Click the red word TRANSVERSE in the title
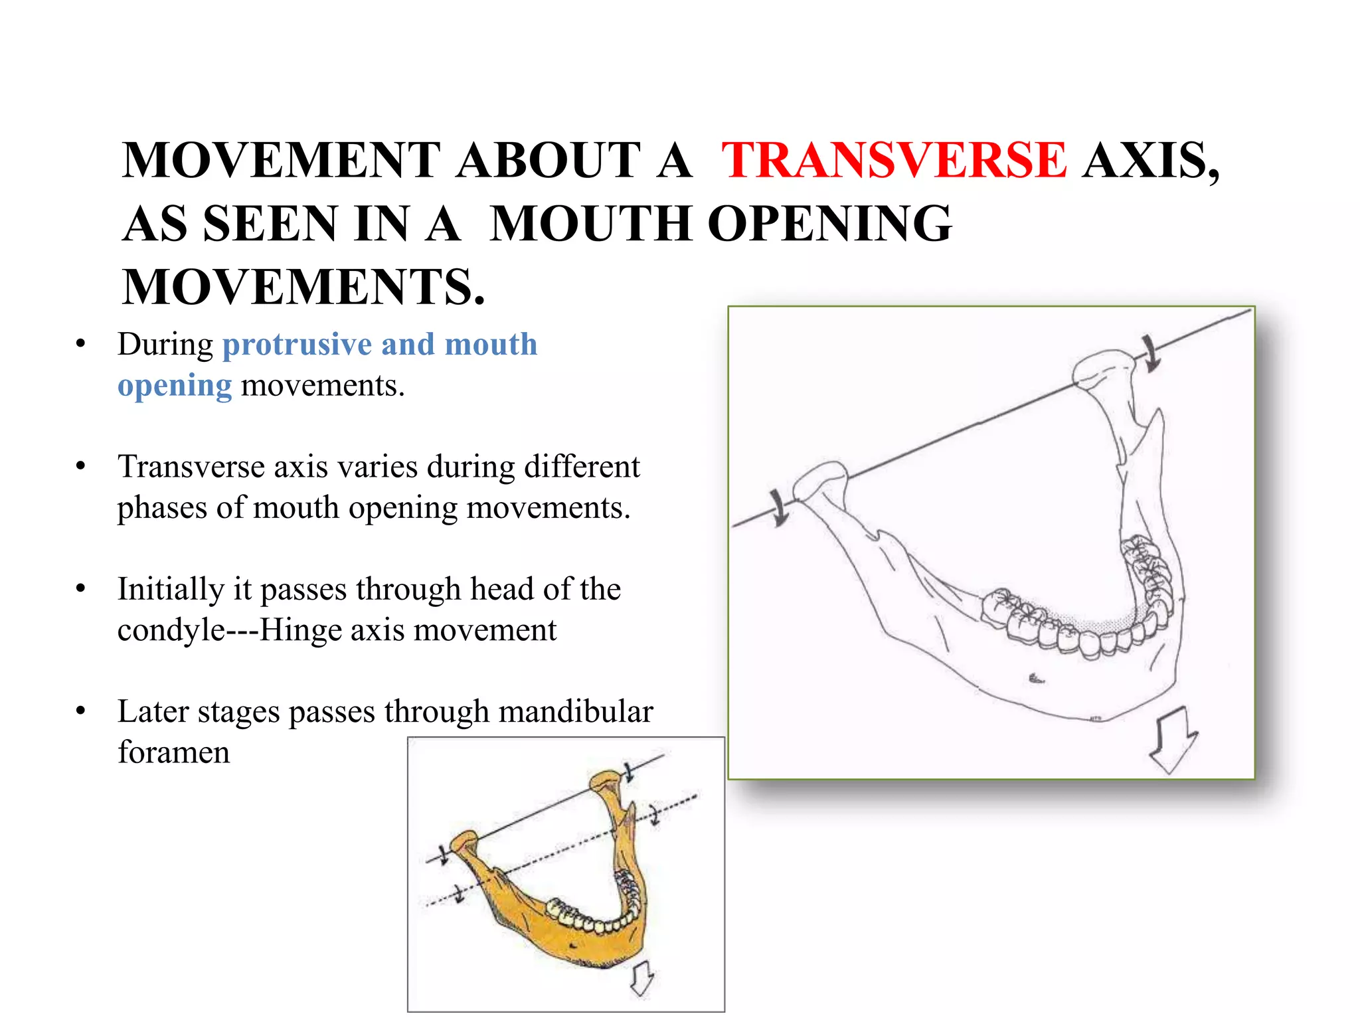pos(894,161)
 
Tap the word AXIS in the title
pos(1149,161)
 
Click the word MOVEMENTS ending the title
pos(303,288)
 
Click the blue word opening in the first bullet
pos(175,386)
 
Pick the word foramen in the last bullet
pos(173,752)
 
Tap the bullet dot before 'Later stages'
pos(81,711)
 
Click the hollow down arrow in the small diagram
pos(641,979)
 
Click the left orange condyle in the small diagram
pos(464,842)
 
